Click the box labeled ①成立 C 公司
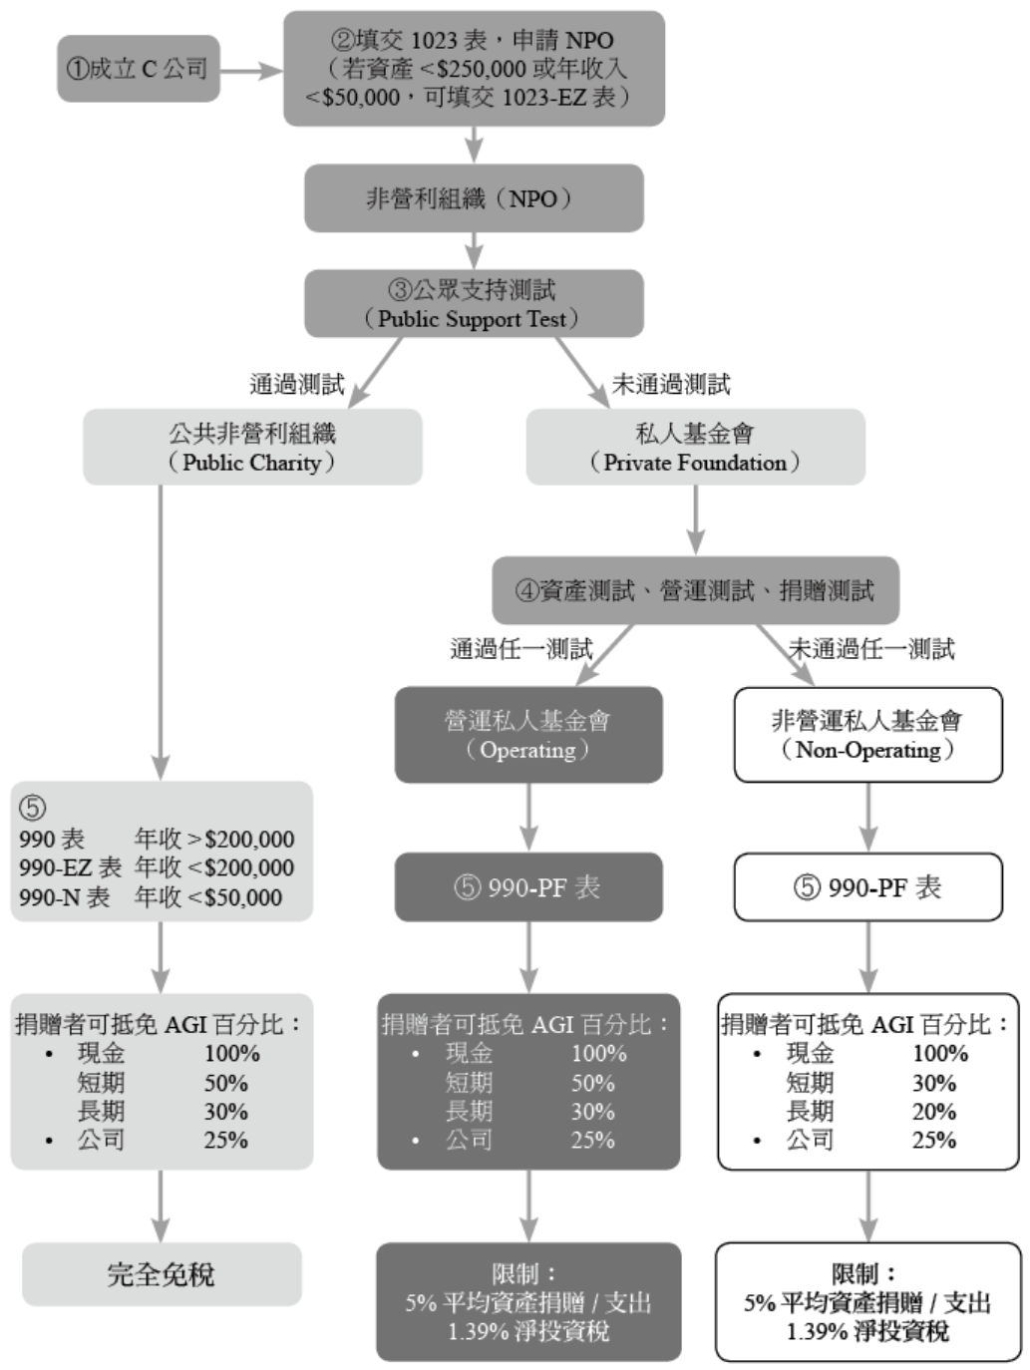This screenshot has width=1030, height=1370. point(138,69)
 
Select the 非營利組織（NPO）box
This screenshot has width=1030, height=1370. point(474,198)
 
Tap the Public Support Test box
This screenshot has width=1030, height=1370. point(474,304)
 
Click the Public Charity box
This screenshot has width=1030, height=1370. point(252,448)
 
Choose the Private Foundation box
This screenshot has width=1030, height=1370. point(695,448)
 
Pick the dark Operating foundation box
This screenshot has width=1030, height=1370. point(528,735)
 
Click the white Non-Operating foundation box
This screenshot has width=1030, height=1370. point(867,735)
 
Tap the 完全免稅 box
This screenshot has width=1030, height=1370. point(162,1274)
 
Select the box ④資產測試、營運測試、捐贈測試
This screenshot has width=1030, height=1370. point(695,591)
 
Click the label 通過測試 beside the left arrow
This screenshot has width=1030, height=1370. point(296,385)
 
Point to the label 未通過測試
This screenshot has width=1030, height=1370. point(671,385)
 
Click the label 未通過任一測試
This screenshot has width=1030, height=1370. point(871,649)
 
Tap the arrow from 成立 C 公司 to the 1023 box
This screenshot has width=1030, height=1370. point(250,70)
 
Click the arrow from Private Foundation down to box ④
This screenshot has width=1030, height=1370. point(696,519)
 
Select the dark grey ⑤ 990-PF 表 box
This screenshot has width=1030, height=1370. point(528,887)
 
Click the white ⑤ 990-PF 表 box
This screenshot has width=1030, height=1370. point(867,887)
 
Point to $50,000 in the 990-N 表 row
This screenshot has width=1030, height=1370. point(243,897)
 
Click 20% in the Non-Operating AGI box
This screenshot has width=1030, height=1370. point(934,1112)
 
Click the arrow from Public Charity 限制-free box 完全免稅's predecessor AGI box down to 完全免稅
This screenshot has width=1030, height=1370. point(161,1206)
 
